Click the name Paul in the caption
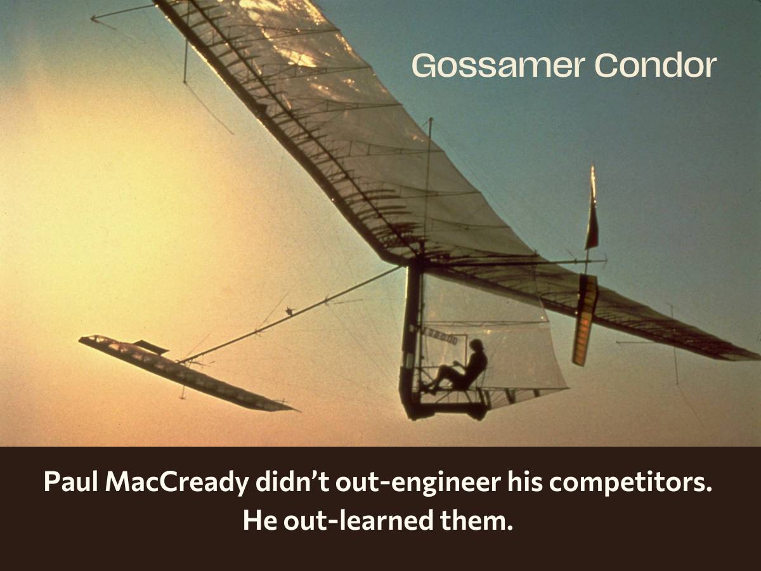point(70,482)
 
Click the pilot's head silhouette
point(476,346)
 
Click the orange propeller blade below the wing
point(585,319)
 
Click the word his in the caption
point(524,482)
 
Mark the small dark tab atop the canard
point(151,346)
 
